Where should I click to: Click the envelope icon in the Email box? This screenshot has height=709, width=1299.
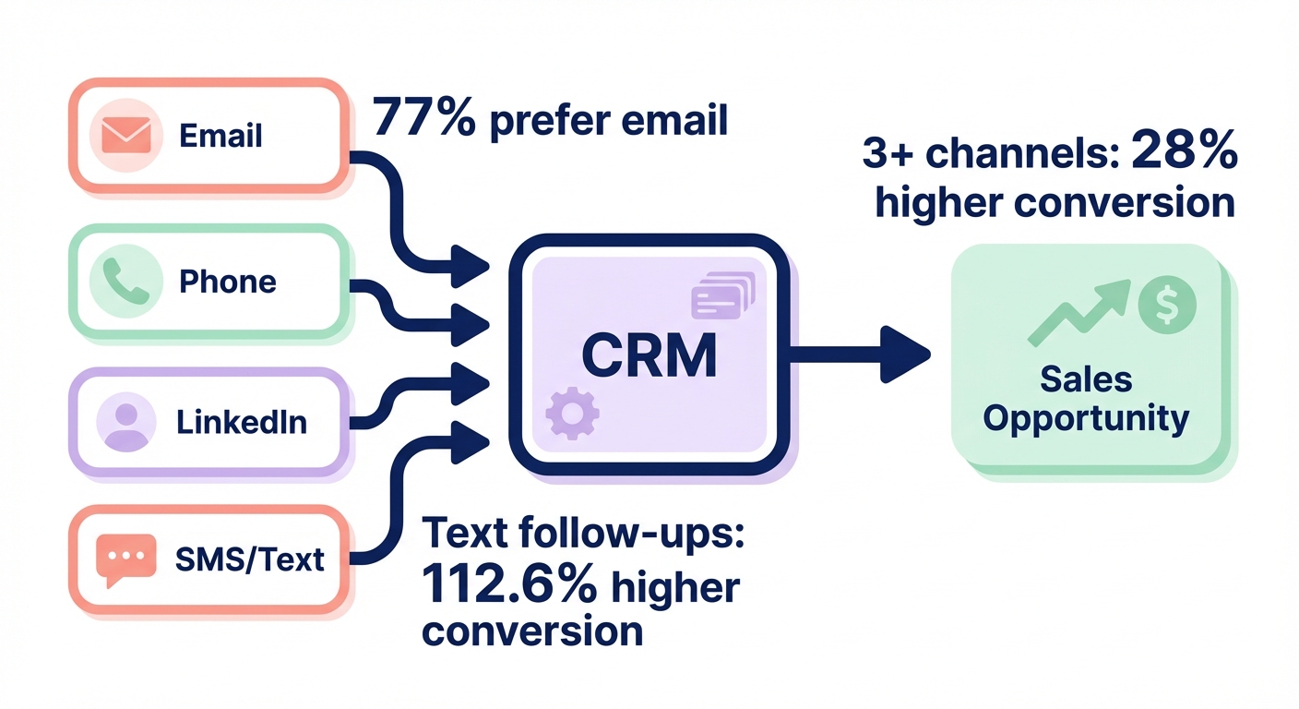pos(126,135)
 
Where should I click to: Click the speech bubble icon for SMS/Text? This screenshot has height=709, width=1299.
pos(126,559)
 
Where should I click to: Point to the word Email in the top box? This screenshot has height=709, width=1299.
pos(220,136)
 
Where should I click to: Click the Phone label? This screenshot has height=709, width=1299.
pos(227,281)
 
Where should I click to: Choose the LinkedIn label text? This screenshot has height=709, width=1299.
pos(241,422)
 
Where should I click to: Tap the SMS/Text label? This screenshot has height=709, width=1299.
pos(249,559)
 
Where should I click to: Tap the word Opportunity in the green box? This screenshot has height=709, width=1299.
pos(1086,418)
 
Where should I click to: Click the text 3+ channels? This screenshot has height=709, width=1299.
pos(992,155)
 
